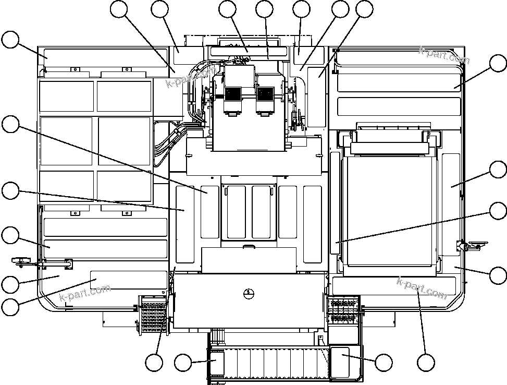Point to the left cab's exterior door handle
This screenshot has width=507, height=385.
coord(21,259)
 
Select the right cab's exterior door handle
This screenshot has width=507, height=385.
coord(475,244)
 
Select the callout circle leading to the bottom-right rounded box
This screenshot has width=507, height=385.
coord(384,363)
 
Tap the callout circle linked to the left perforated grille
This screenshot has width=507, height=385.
coord(154,363)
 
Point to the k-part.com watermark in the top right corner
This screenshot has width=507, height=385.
coord(444,55)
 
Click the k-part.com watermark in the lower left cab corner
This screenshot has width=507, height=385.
coord(85,293)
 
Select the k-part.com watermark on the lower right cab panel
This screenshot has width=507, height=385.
coord(422,287)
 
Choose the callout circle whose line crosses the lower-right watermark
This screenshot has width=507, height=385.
coord(426,363)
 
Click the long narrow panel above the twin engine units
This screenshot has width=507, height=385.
coord(249,52)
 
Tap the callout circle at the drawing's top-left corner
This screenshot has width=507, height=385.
coord(10,40)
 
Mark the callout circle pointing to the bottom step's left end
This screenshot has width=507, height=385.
coord(183,363)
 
